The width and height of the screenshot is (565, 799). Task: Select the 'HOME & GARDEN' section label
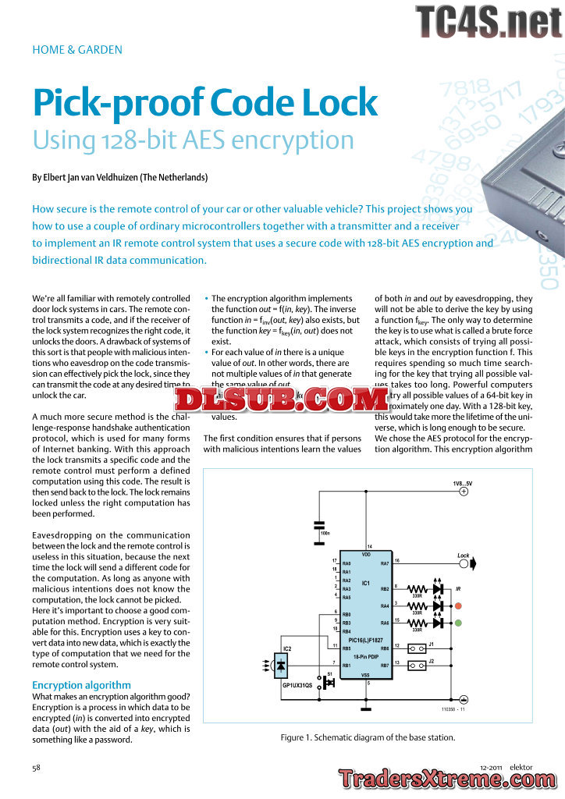click(77, 50)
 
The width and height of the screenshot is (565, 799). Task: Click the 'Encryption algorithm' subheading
click(81, 685)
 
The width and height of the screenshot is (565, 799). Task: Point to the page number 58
click(36, 768)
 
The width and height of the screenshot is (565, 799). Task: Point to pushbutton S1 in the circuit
click(328, 682)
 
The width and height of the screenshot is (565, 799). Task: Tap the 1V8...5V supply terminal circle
click(463, 492)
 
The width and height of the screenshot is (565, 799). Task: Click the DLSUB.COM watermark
click(282, 400)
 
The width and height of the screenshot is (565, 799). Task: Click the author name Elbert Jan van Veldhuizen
click(120, 178)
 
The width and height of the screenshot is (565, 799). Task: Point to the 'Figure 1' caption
click(367, 737)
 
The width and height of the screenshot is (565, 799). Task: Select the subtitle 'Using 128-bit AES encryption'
click(194, 140)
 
